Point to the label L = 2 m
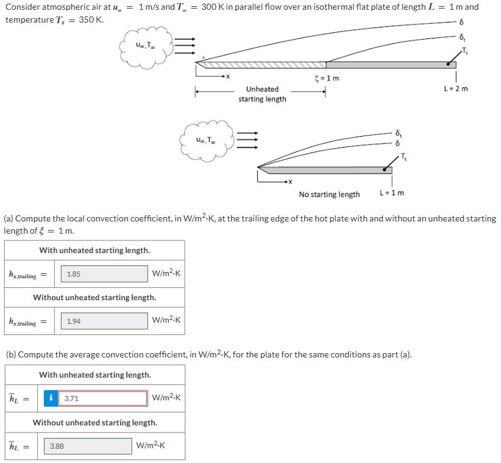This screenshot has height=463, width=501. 456,89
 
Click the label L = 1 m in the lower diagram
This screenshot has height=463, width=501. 391,194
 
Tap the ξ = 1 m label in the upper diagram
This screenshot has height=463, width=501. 325,78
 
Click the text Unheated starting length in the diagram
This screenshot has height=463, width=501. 262,94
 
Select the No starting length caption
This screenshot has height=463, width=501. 329,195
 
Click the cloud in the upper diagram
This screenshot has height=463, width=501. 146,46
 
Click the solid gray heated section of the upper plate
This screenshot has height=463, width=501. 390,64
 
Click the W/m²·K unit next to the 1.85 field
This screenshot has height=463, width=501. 166,275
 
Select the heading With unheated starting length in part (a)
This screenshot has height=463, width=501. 94,250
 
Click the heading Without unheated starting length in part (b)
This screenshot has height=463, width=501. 94,422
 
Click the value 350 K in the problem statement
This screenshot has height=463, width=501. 91,20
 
